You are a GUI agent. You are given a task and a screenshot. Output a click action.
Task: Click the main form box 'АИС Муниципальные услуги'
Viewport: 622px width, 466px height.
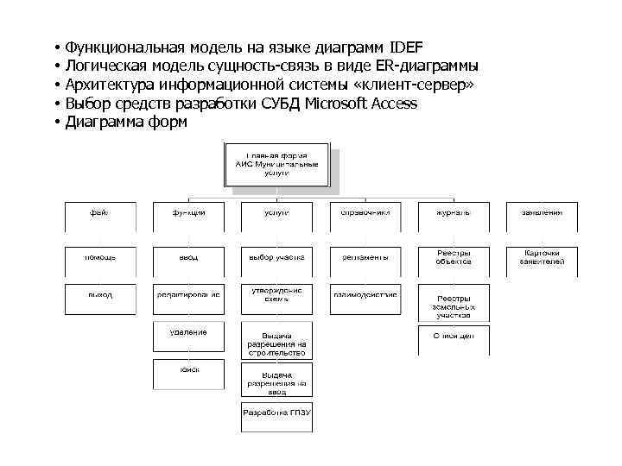point(276,164)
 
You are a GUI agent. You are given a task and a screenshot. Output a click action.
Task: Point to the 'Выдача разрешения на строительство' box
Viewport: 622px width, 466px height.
point(276,343)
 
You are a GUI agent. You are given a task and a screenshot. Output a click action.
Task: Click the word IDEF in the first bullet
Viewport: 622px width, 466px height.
point(406,47)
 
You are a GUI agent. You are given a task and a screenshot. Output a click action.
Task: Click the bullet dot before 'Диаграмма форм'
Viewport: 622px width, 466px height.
point(54,123)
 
